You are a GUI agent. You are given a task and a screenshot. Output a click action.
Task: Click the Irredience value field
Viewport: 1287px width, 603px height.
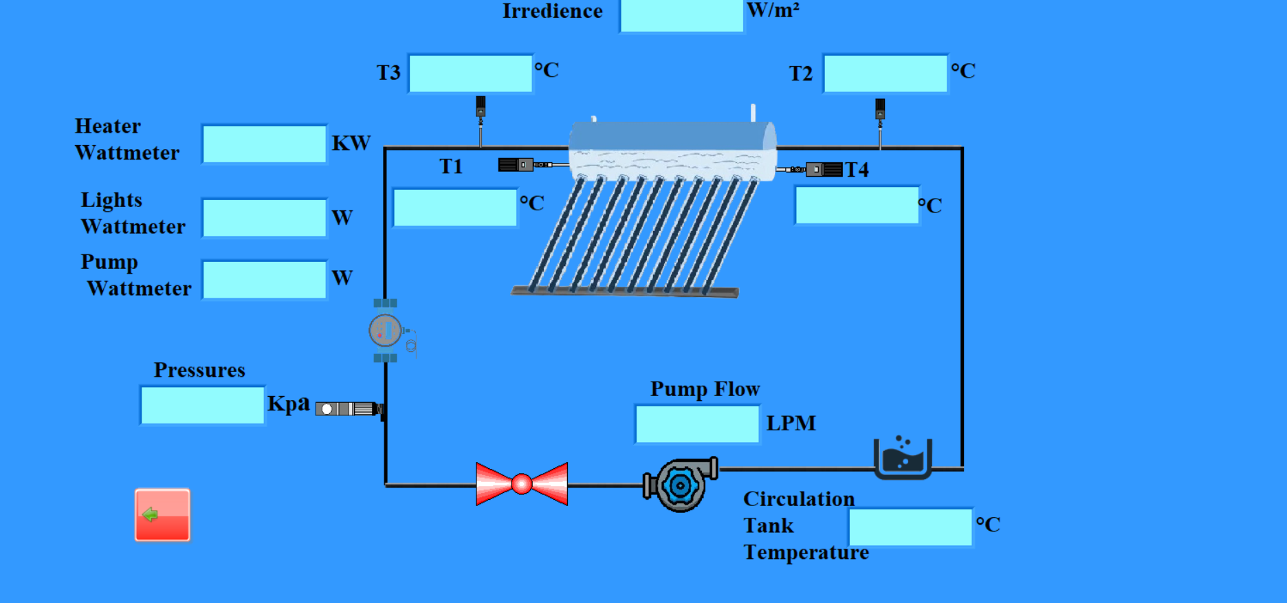coord(681,15)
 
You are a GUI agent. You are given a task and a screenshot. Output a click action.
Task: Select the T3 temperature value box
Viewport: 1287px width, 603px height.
coord(470,73)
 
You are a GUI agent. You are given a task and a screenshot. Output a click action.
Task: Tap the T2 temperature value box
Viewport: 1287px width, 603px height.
coord(885,74)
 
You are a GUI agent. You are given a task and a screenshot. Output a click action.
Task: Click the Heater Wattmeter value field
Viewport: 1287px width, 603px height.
coord(265,144)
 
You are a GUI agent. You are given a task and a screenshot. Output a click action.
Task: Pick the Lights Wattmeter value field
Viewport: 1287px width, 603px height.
coord(265,218)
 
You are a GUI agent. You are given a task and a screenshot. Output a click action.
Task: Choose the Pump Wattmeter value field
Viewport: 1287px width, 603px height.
coord(265,280)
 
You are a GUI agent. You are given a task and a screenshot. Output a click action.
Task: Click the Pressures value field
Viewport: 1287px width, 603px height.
coord(202,405)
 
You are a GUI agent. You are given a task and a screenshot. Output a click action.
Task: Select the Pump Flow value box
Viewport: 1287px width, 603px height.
coord(697,424)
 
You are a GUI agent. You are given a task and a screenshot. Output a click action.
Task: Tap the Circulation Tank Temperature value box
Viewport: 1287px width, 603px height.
coord(910,527)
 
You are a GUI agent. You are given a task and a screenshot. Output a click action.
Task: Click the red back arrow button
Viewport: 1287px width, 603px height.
coord(162,515)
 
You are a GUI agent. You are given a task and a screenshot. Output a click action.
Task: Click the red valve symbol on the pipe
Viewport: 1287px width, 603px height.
coord(522,484)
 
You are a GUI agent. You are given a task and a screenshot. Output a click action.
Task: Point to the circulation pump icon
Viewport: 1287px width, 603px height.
coord(681,485)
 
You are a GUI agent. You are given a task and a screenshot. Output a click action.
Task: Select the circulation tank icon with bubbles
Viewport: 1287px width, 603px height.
coord(903,457)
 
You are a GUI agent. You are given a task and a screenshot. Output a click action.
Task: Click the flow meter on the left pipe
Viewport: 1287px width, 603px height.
coord(386,331)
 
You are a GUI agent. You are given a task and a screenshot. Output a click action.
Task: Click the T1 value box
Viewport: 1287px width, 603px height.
coord(455,208)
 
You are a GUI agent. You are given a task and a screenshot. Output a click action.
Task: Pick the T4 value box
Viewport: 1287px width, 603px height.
coord(857,206)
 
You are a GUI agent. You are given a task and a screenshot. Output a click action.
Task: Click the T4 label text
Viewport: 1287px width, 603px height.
coord(857,170)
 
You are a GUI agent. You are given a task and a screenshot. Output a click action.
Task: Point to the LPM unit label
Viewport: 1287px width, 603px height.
coord(791,423)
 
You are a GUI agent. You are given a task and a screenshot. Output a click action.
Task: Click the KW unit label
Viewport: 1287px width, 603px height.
coord(351,143)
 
